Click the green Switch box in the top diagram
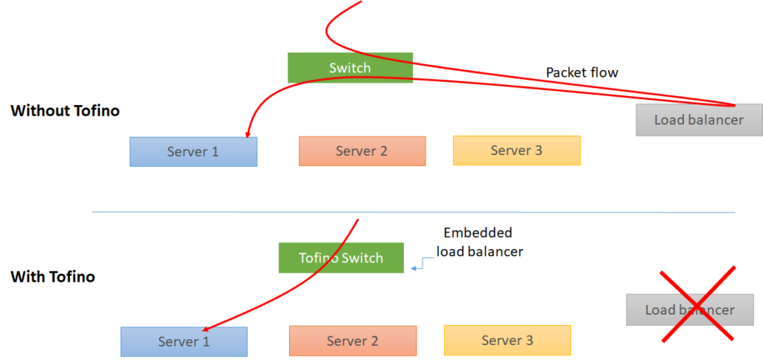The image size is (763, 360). pos(349,68)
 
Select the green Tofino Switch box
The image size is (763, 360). pos(341,258)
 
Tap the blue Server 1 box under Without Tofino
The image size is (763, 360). pos(193,151)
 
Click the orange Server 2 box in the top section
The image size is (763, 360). pos(361,151)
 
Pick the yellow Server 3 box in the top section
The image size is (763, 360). pos(516,150)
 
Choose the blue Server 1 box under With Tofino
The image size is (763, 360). pos(183,341)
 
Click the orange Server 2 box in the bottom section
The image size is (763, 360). pos(352,341)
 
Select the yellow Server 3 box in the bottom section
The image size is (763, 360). pos(507,340)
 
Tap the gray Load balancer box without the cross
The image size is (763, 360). pos(698,120)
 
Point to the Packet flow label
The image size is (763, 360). pos(582,72)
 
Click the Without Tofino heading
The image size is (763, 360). pos(65,111)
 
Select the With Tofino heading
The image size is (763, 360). pos(53,277)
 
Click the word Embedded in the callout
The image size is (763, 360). pos(478,233)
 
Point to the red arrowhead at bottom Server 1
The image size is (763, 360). pos(205,328)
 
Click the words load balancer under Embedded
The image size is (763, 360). pos(479,251)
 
